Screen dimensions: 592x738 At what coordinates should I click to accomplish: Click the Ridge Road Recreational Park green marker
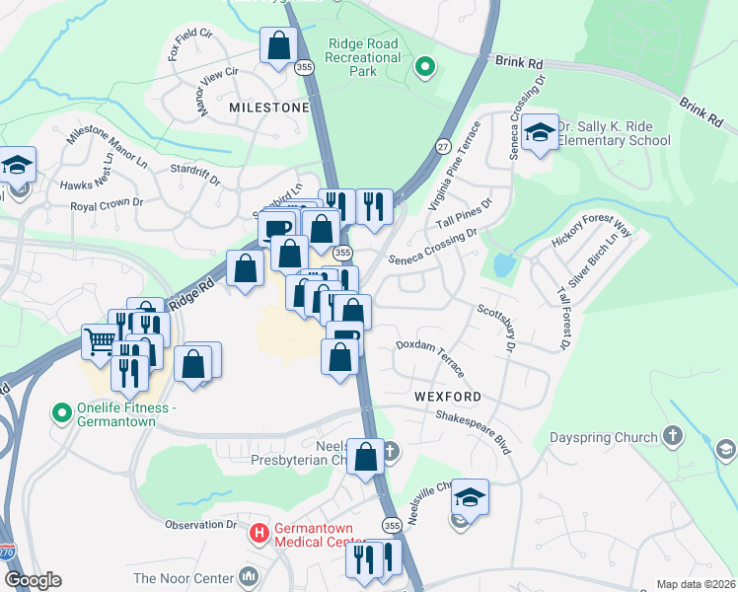point(425,67)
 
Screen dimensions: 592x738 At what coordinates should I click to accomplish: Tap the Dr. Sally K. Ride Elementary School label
point(614,133)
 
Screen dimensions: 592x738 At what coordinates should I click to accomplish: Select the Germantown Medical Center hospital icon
point(259,534)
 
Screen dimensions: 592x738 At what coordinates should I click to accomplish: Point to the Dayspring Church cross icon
point(672,436)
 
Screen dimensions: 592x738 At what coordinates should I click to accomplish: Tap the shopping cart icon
point(101,342)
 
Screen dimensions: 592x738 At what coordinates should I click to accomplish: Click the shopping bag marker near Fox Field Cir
point(279,44)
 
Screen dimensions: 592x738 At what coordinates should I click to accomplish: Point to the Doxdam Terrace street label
point(429,355)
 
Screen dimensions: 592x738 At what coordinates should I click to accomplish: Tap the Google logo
point(34,580)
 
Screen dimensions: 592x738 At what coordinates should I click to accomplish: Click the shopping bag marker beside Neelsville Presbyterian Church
point(365,458)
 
